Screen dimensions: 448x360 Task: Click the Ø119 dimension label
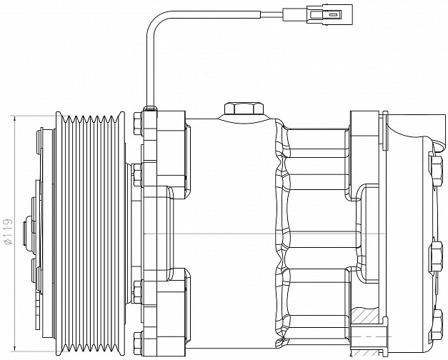[x=8, y=231]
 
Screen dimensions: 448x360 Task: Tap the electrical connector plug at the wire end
[x=317, y=13]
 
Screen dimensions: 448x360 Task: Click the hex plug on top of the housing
[x=244, y=109]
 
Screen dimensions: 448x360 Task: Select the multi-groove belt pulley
[x=90, y=234]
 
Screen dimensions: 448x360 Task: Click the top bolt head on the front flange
[x=138, y=124]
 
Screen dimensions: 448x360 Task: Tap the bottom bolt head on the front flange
[x=138, y=343]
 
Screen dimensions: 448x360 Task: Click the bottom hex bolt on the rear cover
[x=436, y=323]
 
